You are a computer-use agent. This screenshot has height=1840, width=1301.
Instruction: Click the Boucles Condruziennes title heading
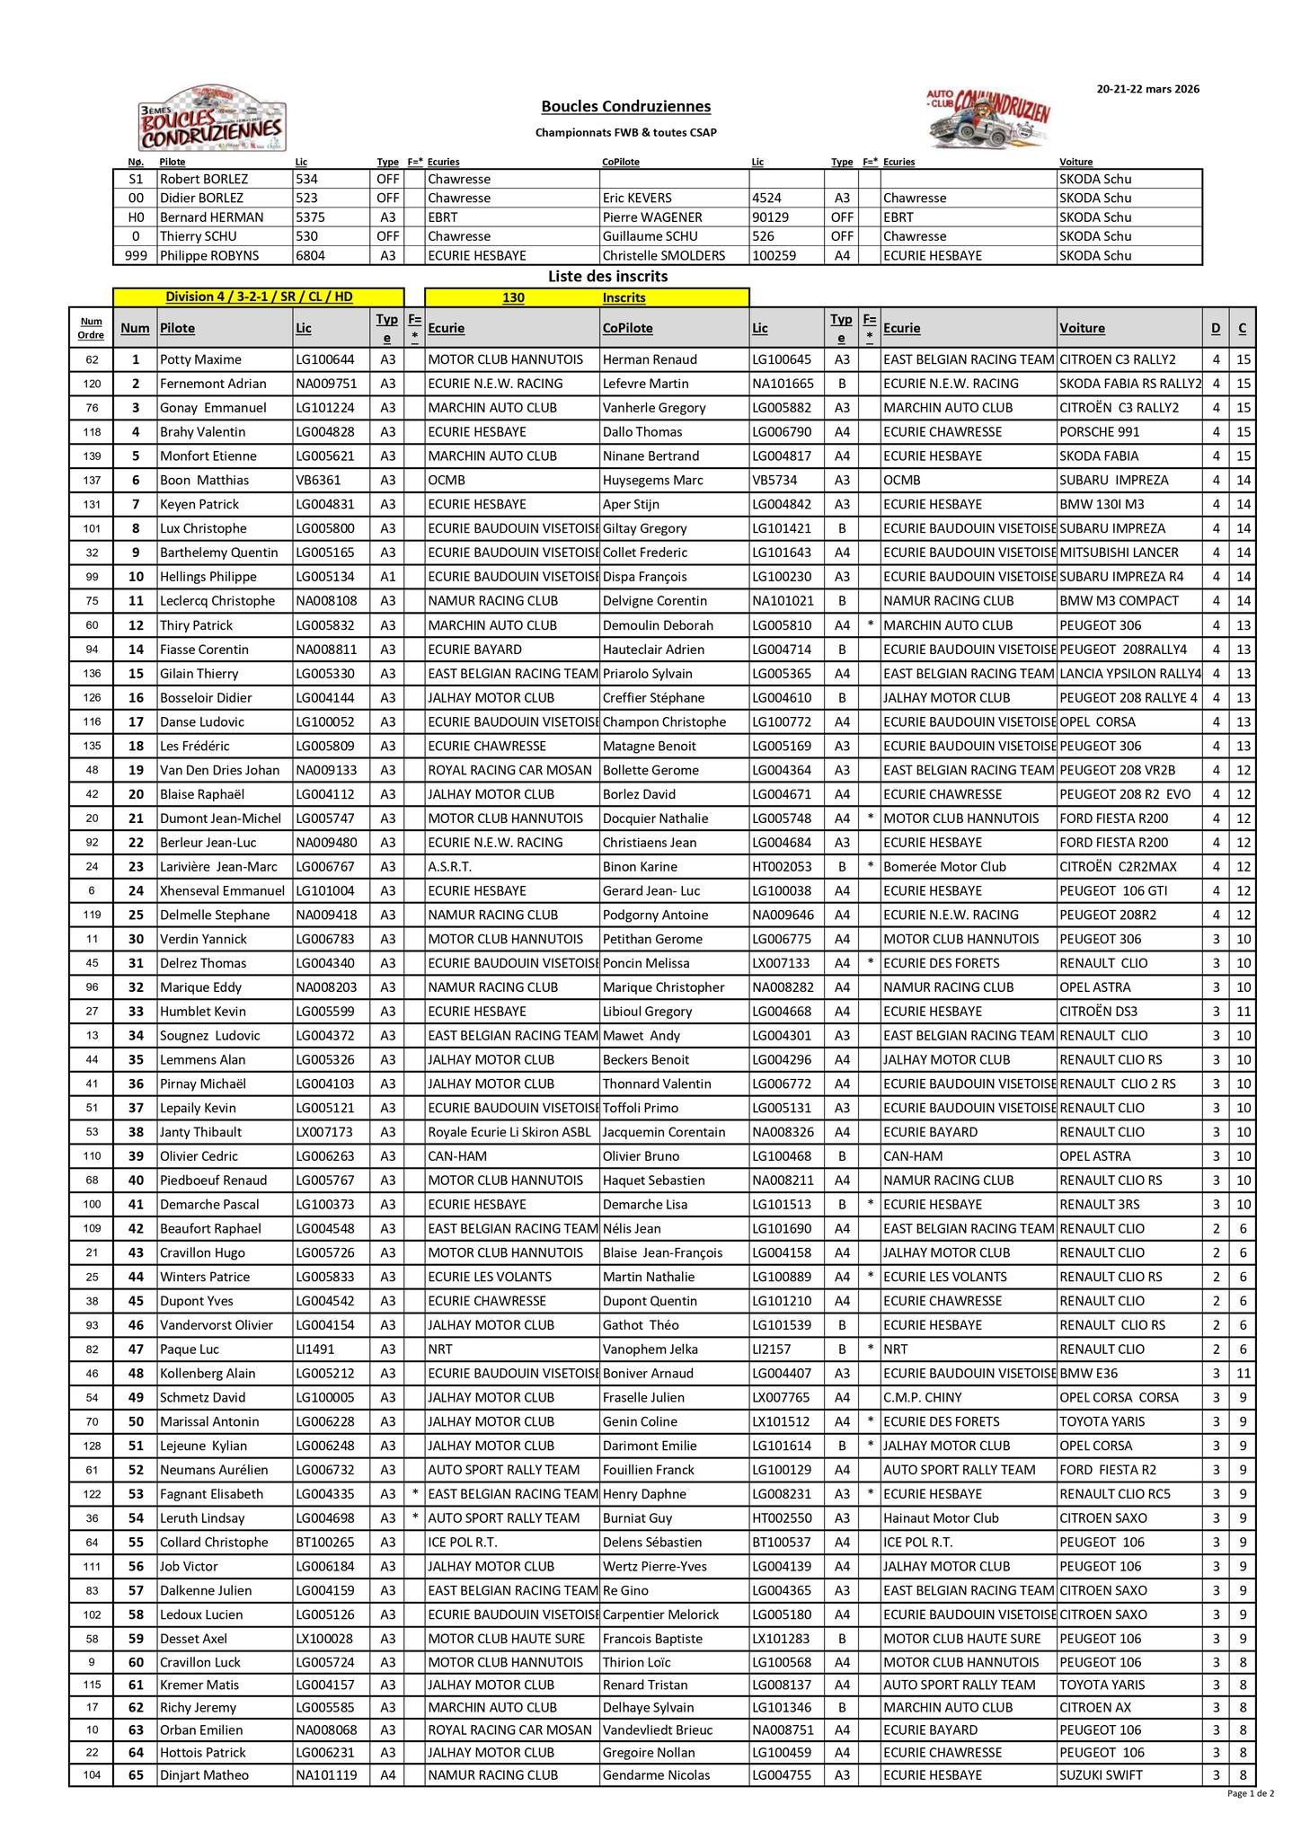click(625, 107)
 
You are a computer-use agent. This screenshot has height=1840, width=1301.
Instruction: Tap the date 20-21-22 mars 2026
click(1147, 89)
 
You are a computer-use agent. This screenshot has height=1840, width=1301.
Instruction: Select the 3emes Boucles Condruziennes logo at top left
click(212, 119)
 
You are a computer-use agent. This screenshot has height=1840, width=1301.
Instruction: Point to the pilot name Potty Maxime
click(200, 359)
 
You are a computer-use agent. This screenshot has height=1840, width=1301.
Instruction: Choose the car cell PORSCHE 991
click(1098, 432)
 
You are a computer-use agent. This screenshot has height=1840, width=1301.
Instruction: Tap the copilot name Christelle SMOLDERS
click(663, 256)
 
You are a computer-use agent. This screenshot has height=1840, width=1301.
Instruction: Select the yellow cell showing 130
click(513, 298)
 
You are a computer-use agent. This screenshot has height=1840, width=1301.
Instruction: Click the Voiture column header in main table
click(1082, 329)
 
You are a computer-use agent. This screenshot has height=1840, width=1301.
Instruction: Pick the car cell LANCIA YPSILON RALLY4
click(1129, 674)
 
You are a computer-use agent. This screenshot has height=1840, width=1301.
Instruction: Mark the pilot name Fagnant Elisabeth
click(211, 1494)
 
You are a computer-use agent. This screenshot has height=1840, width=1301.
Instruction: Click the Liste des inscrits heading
click(607, 277)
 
